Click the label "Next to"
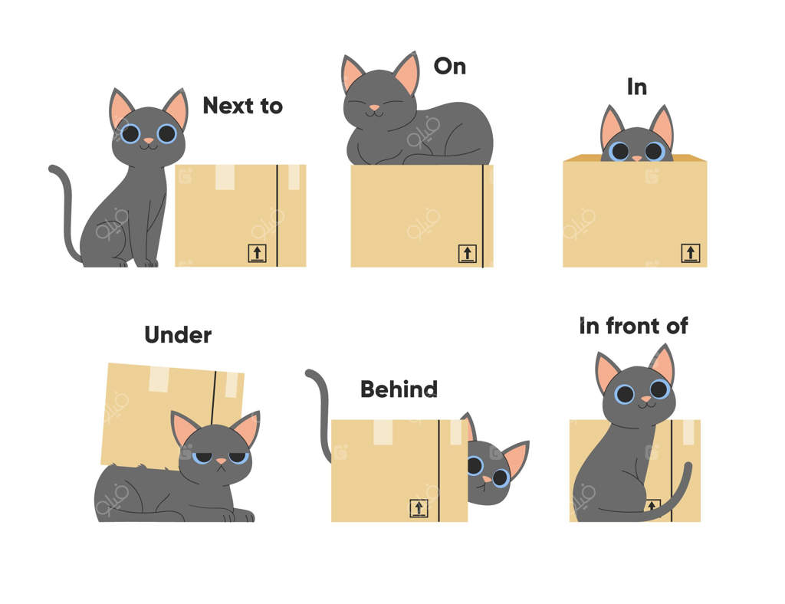coord(243,106)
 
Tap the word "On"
coord(449,66)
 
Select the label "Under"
coord(178,335)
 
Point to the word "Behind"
coord(399,389)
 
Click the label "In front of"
coord(633,326)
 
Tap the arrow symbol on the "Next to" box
coord(257,253)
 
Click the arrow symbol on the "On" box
coord(467,253)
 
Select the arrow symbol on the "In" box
coord(691,253)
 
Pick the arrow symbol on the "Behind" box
coord(419,508)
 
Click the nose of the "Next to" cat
coord(149,141)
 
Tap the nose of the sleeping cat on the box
coord(374,107)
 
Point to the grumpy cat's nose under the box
coord(221,461)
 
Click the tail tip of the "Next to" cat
coord(52,169)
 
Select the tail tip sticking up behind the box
coord(310,373)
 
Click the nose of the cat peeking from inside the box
coord(636,158)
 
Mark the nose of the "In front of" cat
coord(645,399)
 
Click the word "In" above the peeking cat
coord(637,87)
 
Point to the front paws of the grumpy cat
coord(239,515)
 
